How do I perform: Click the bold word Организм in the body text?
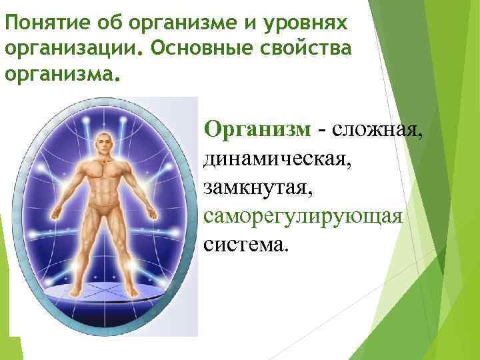tap(257, 127)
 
